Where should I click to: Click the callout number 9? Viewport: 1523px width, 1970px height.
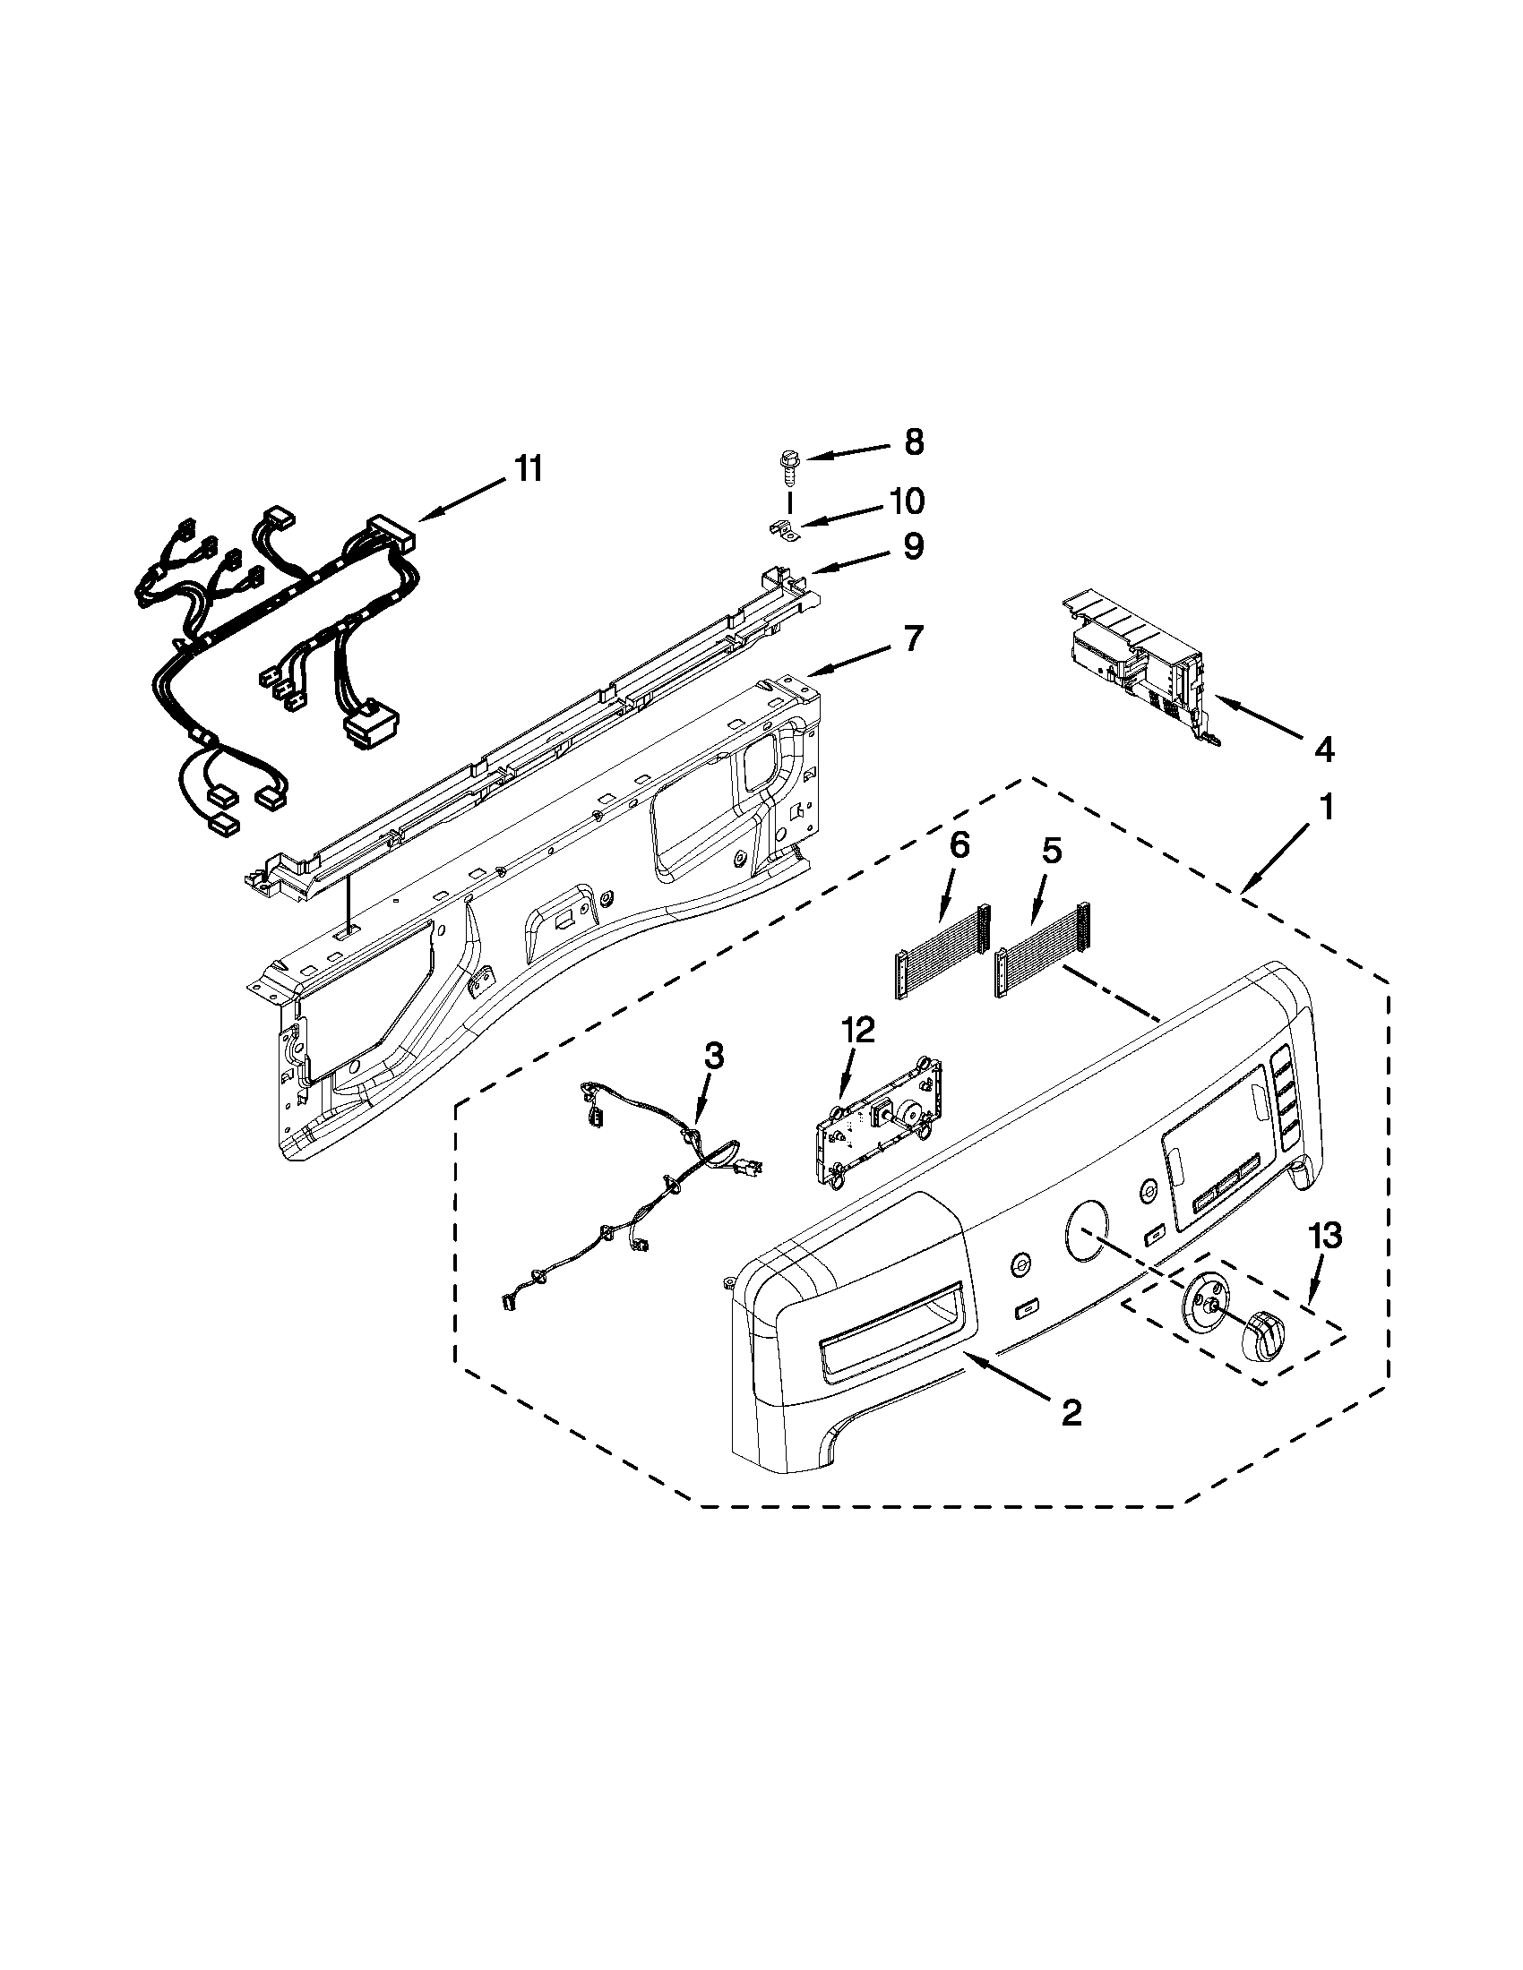913,546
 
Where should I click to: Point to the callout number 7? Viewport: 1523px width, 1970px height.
914,638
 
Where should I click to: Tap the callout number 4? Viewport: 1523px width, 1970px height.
1323,749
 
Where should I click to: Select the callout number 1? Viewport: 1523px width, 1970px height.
1325,807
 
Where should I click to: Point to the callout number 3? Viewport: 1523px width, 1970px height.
713,1057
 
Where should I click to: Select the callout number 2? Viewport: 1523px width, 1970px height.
1071,1413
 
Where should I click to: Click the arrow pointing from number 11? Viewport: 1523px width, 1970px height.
461,499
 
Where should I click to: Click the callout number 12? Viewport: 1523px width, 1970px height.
858,1029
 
